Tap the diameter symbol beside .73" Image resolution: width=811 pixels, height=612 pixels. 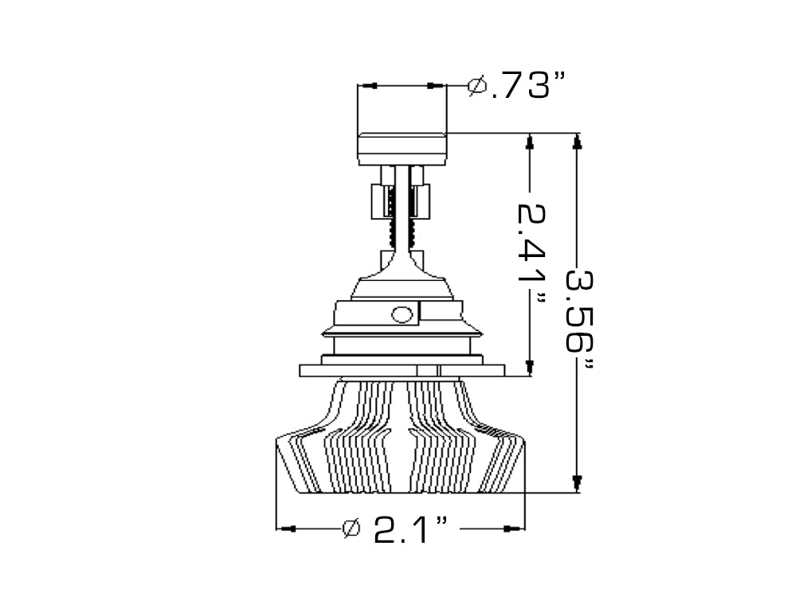coord(478,84)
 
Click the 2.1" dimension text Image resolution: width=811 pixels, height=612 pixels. coord(409,528)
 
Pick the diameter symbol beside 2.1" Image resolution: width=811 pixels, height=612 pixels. coord(351,528)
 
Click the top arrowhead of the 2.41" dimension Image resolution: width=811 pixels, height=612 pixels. coord(529,142)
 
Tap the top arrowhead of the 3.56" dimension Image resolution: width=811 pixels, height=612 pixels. coord(578,142)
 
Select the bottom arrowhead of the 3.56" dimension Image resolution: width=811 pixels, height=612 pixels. coord(578,482)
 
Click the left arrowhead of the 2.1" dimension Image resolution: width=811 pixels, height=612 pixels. coord(287,528)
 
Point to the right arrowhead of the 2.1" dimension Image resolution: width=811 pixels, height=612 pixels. coord(515,528)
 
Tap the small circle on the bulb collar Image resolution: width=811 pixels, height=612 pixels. coord(403,314)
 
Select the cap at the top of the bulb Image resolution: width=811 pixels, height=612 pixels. coord(402,148)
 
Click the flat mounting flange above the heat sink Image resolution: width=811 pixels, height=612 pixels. coord(402,370)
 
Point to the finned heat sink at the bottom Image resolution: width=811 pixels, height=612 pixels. coord(400,446)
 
